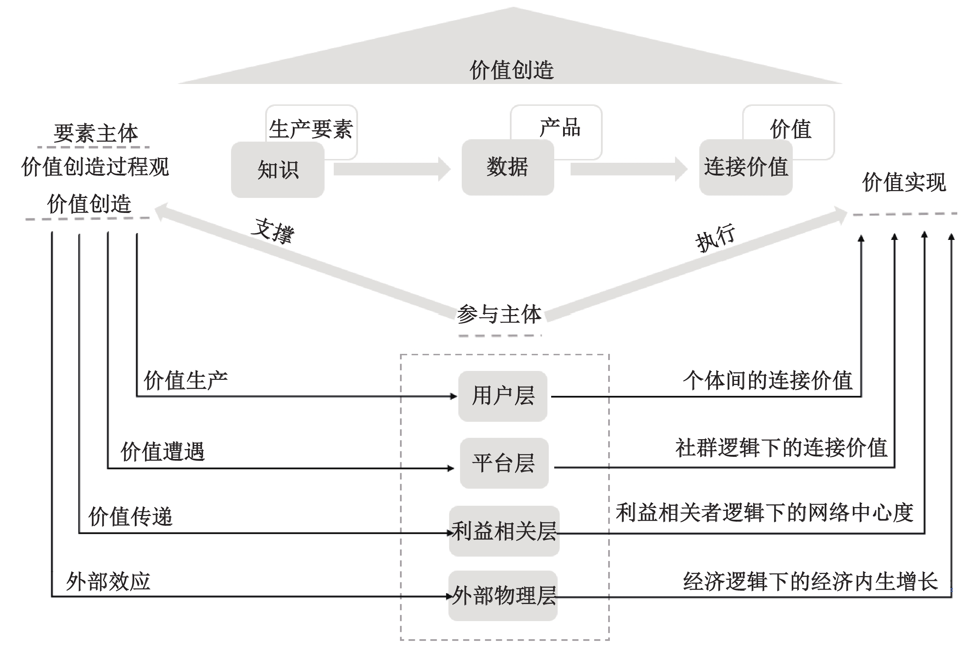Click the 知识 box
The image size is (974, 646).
point(278,170)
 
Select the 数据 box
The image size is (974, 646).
point(507,167)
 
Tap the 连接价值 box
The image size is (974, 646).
point(746,167)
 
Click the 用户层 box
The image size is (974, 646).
point(503,396)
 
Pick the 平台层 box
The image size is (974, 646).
point(504,463)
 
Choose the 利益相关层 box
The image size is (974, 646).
point(504,531)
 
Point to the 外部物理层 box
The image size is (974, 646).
point(503,596)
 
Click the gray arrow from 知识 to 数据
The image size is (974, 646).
point(392,169)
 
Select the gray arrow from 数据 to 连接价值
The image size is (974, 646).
point(629,169)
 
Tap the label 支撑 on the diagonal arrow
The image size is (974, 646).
point(273,231)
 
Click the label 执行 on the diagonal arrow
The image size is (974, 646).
point(715,238)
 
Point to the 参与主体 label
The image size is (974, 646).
point(499,315)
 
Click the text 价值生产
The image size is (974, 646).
point(186,380)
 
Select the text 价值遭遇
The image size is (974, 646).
point(163,451)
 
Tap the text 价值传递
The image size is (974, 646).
point(131,517)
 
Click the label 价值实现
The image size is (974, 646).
point(904,183)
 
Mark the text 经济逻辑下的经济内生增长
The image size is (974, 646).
point(811,581)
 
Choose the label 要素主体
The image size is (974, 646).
point(96,133)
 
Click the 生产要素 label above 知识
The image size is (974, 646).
point(311,129)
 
